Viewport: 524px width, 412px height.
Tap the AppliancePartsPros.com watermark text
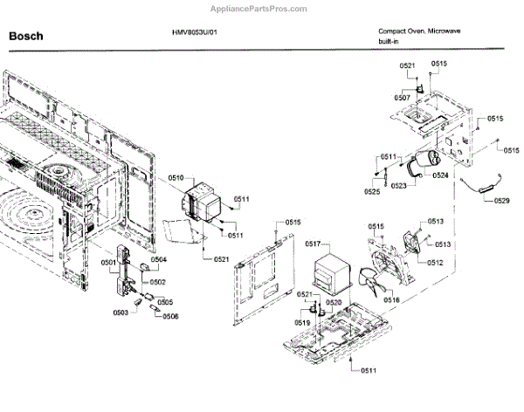261,7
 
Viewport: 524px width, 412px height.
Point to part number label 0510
176,178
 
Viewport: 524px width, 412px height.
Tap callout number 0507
402,98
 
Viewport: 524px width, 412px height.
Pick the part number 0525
372,190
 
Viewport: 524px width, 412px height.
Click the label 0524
440,175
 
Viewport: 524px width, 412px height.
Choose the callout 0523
399,186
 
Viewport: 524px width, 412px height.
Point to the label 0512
435,262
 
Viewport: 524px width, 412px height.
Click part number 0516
391,299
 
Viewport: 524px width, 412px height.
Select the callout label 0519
302,323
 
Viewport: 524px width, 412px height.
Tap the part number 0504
158,260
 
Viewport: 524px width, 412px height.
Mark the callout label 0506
169,316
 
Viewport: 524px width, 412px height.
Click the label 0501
108,262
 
